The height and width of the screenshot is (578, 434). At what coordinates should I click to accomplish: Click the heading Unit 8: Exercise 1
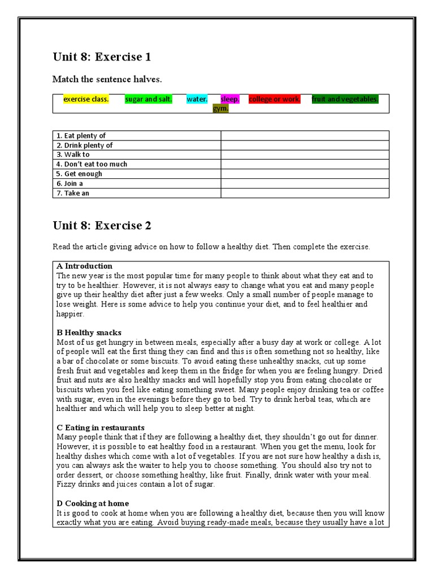pyautogui.click(x=102, y=57)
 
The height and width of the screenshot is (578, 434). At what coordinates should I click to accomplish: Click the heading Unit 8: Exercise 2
pyautogui.click(x=102, y=226)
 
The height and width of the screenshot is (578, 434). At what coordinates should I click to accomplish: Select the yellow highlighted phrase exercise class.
pyautogui.click(x=86, y=99)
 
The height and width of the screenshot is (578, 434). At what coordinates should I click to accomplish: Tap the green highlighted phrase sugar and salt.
pyautogui.click(x=149, y=99)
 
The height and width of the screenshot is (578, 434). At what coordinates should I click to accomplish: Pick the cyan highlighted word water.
pyautogui.click(x=197, y=99)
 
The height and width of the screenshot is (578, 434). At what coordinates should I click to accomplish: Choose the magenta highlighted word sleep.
pyautogui.click(x=230, y=99)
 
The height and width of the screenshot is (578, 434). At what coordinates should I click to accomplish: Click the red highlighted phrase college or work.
pyautogui.click(x=275, y=99)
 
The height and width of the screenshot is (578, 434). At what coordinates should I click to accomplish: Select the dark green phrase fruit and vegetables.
pyautogui.click(x=345, y=99)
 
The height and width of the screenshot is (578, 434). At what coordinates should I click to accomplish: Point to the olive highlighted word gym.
pyautogui.click(x=220, y=108)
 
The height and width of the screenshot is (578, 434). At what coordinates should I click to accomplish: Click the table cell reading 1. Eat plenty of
pyautogui.click(x=81, y=135)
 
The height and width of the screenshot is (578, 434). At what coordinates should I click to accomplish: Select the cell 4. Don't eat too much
pyautogui.click(x=92, y=164)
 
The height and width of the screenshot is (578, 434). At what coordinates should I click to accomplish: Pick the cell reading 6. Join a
pyautogui.click(x=69, y=183)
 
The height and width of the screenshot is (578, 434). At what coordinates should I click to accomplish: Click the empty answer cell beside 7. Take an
pyautogui.click(x=305, y=193)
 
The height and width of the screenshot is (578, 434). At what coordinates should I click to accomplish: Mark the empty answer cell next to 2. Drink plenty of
pyautogui.click(x=305, y=145)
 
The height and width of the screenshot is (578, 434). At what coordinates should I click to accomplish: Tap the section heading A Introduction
pyautogui.click(x=84, y=266)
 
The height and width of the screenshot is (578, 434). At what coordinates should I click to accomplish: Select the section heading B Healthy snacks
pyautogui.click(x=89, y=332)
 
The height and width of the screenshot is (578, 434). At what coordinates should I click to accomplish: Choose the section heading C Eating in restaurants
pyautogui.click(x=101, y=427)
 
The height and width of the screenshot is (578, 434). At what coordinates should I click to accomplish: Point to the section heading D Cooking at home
pyautogui.click(x=93, y=503)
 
